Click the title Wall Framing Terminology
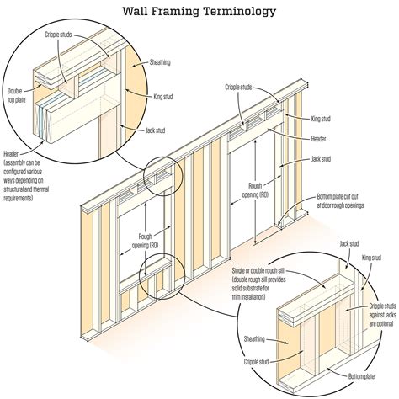199,13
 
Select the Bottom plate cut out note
341,200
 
